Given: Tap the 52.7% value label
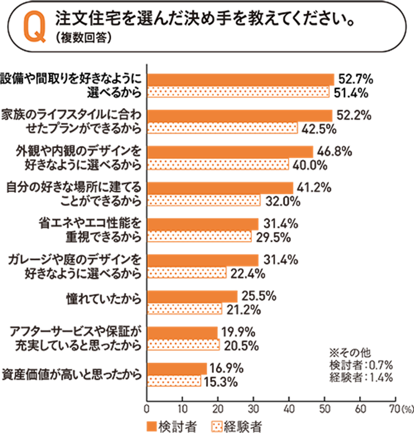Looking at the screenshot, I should pyautogui.click(x=356, y=79).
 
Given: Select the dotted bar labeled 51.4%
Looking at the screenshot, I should pyautogui.click(x=239, y=92).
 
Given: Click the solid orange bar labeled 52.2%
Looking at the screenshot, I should pyautogui.click(x=240, y=115).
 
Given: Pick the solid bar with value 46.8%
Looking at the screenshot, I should pyautogui.click(x=231, y=151).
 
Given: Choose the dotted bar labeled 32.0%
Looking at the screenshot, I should pyautogui.click(x=204, y=200).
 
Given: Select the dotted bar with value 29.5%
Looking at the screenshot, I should pyautogui.click(x=200, y=237).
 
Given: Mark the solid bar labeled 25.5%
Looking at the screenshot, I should pyautogui.click(x=193, y=296).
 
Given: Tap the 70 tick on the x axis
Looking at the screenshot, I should pyautogui.click(x=394, y=408).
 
